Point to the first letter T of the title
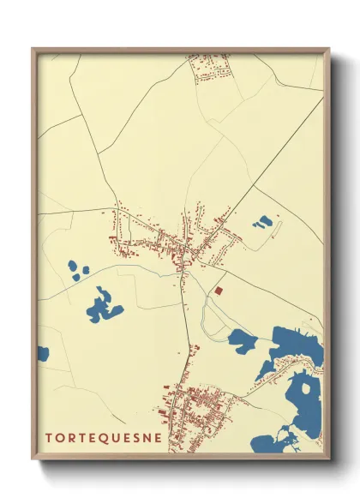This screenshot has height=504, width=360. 48,437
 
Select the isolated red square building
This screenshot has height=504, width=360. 219,291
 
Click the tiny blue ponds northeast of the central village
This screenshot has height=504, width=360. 262,223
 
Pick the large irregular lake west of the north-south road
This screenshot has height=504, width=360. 103,304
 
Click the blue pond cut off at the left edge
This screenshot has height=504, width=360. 43,352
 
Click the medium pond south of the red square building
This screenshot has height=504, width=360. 243,341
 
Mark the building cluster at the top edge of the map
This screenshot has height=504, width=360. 208,68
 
